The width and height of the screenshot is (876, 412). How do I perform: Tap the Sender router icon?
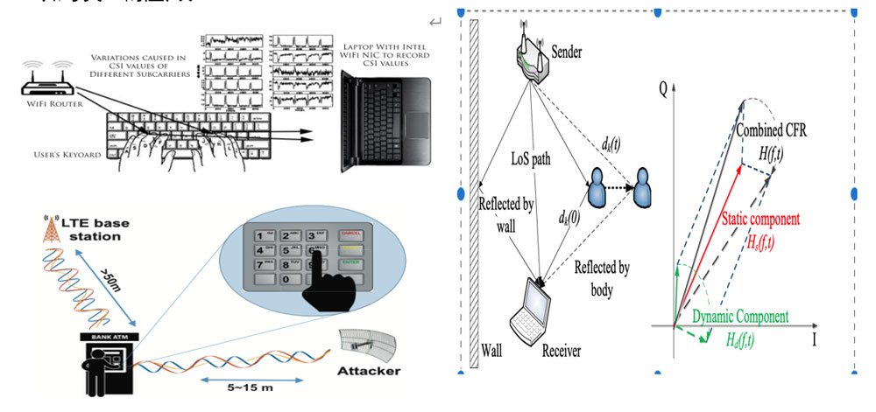(x=528, y=60)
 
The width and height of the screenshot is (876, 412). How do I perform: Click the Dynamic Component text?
(x=741, y=317)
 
